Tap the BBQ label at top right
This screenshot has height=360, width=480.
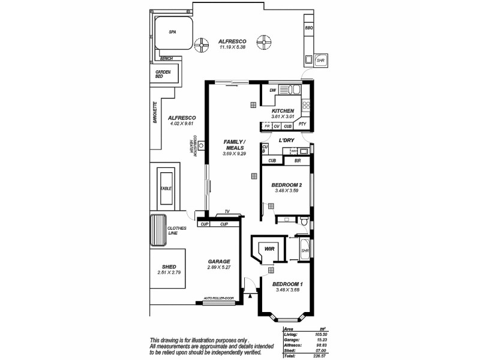pos(309,28)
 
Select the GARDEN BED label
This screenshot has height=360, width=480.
pos(163,74)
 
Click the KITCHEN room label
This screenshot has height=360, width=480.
pos(283,111)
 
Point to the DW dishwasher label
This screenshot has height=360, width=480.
pos(272,91)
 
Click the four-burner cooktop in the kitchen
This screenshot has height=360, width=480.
pos(306,105)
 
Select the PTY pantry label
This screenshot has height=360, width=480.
pos(302,125)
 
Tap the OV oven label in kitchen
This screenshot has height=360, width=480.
pos(277,127)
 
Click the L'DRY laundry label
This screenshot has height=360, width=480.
pos(286,140)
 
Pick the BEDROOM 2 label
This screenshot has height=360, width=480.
pos(286,184)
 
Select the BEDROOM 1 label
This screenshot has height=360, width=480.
pos(287,284)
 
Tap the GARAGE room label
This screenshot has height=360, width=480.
pos(219,262)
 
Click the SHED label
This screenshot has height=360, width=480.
pos(169,267)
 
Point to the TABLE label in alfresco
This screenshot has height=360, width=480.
pos(166,188)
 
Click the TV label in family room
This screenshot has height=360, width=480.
pos(227,212)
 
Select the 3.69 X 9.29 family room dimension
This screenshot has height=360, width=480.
pos(233,154)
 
